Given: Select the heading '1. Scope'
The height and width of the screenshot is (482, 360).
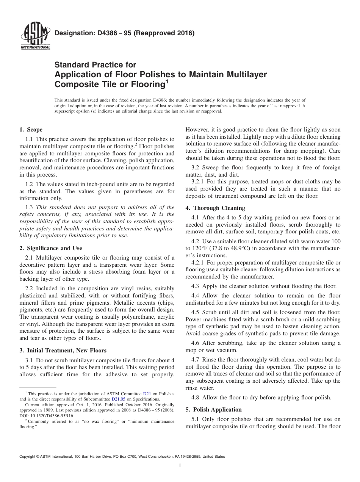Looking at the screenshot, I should click(31, 130).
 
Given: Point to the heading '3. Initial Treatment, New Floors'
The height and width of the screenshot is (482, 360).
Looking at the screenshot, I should click(63, 351).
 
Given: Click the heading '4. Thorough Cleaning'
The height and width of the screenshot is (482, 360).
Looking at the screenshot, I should click(215, 208).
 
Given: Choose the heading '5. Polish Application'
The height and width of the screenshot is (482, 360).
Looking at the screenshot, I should click(213, 410).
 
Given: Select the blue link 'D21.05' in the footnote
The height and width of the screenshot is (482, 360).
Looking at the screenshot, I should click(118, 399).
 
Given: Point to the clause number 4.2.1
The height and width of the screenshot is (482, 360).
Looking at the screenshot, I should click(199, 263).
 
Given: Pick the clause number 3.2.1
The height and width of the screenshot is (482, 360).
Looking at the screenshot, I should click(199, 182).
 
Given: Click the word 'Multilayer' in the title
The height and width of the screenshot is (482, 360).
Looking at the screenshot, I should click(245, 74).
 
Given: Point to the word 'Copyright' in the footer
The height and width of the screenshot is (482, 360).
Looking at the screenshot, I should click(29, 457).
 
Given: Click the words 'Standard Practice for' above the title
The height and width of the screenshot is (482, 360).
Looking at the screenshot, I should click(95, 65).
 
